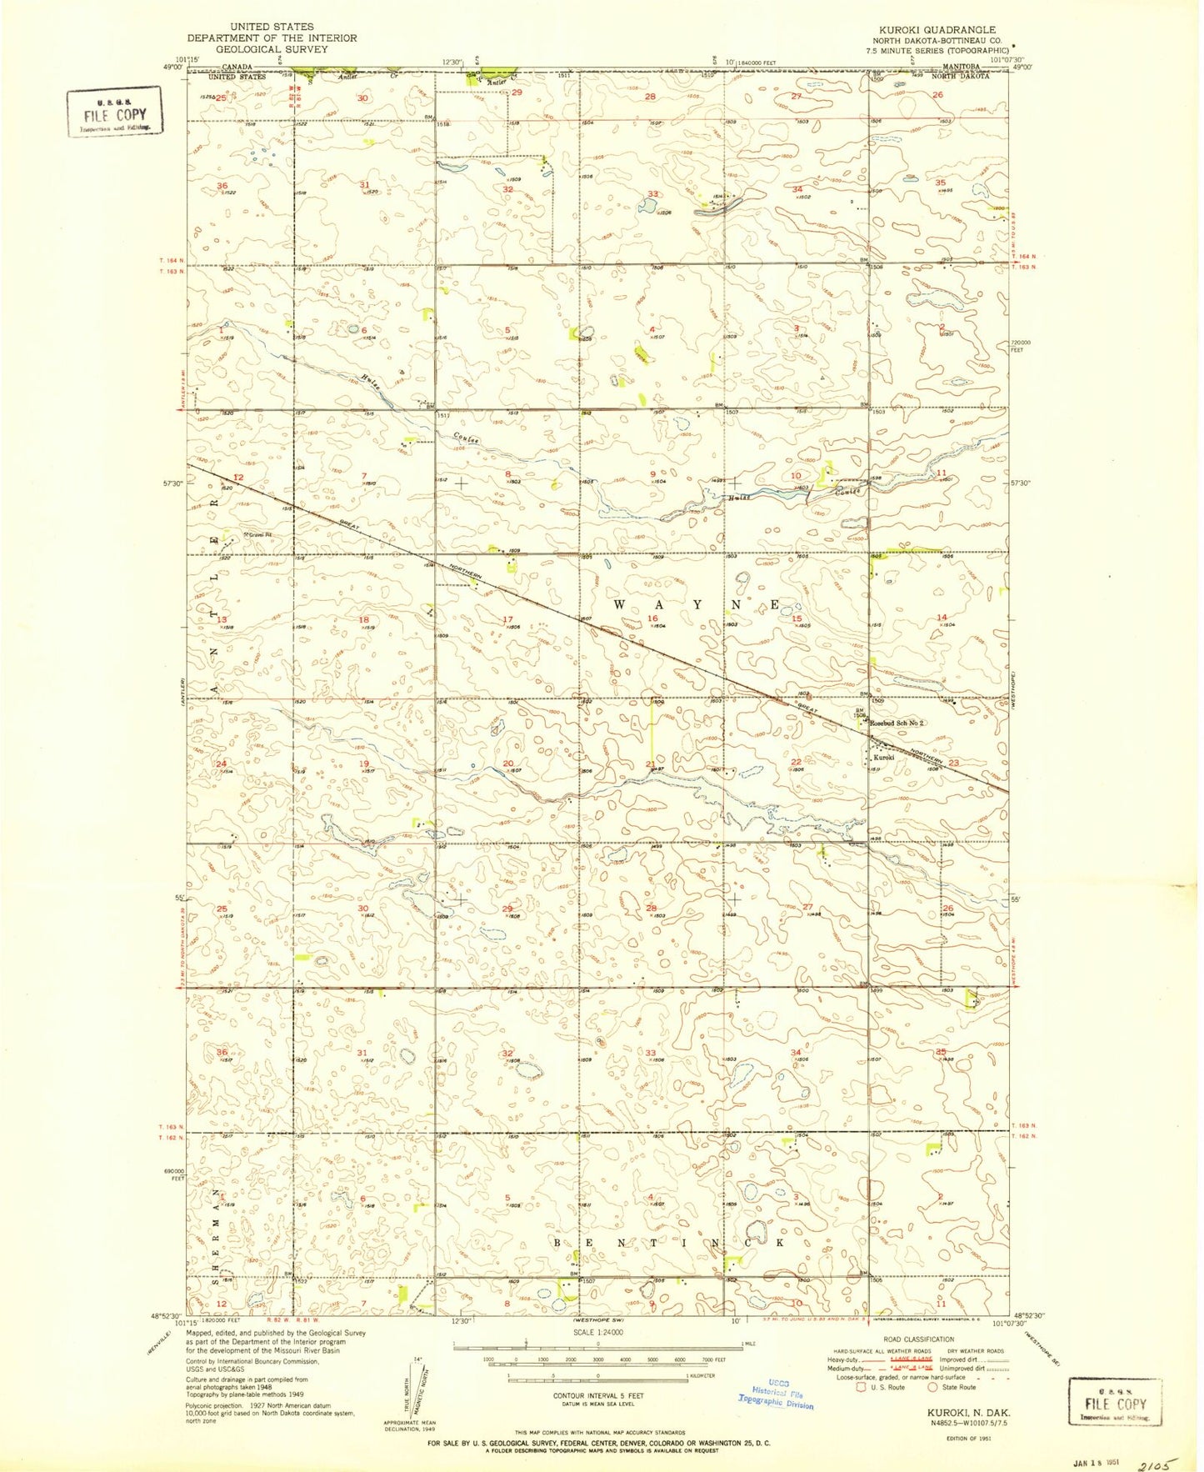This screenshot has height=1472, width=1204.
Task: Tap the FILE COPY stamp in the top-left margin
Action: coord(115,113)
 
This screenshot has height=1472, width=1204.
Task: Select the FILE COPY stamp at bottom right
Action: coord(1115,1403)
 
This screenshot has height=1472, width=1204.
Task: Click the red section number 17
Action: coord(508,618)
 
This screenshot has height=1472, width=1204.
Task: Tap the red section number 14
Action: coord(942,618)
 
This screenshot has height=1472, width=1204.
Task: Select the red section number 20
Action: coord(508,764)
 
